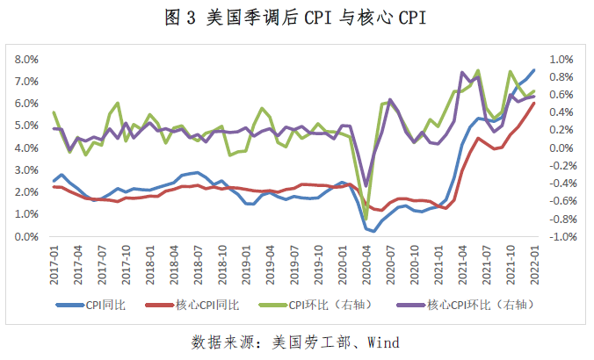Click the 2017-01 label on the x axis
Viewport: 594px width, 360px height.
point(54,263)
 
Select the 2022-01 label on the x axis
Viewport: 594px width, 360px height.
point(533,263)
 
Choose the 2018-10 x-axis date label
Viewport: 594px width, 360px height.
point(222,263)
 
